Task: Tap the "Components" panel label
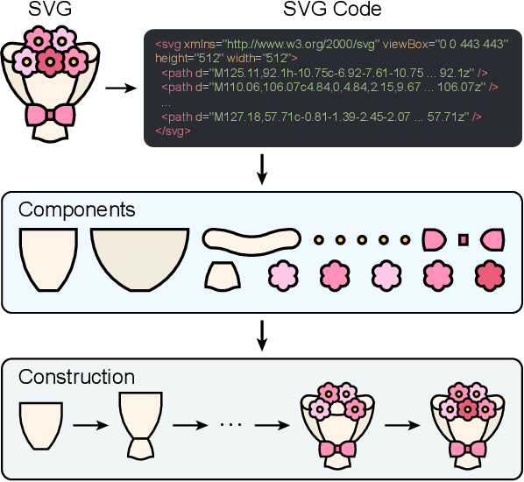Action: tap(77, 210)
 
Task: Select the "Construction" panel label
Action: tap(77, 377)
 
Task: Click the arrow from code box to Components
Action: tap(261, 169)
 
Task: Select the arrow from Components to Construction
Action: tap(261, 334)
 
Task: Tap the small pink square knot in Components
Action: tap(464, 239)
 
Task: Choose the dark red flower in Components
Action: tap(489, 275)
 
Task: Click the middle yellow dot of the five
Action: tap(362, 239)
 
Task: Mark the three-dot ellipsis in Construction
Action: tap(231, 425)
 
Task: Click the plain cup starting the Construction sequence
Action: tap(41, 423)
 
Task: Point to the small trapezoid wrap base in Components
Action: tap(223, 276)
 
